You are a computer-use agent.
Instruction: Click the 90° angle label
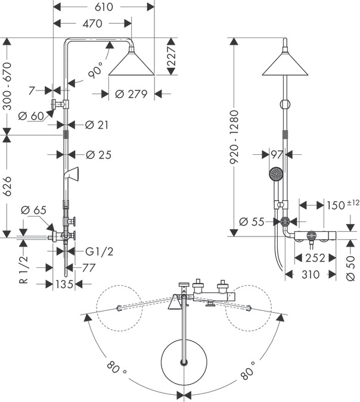(95, 70)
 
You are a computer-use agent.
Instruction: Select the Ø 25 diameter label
(98, 155)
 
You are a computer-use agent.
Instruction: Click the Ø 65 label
(33, 210)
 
